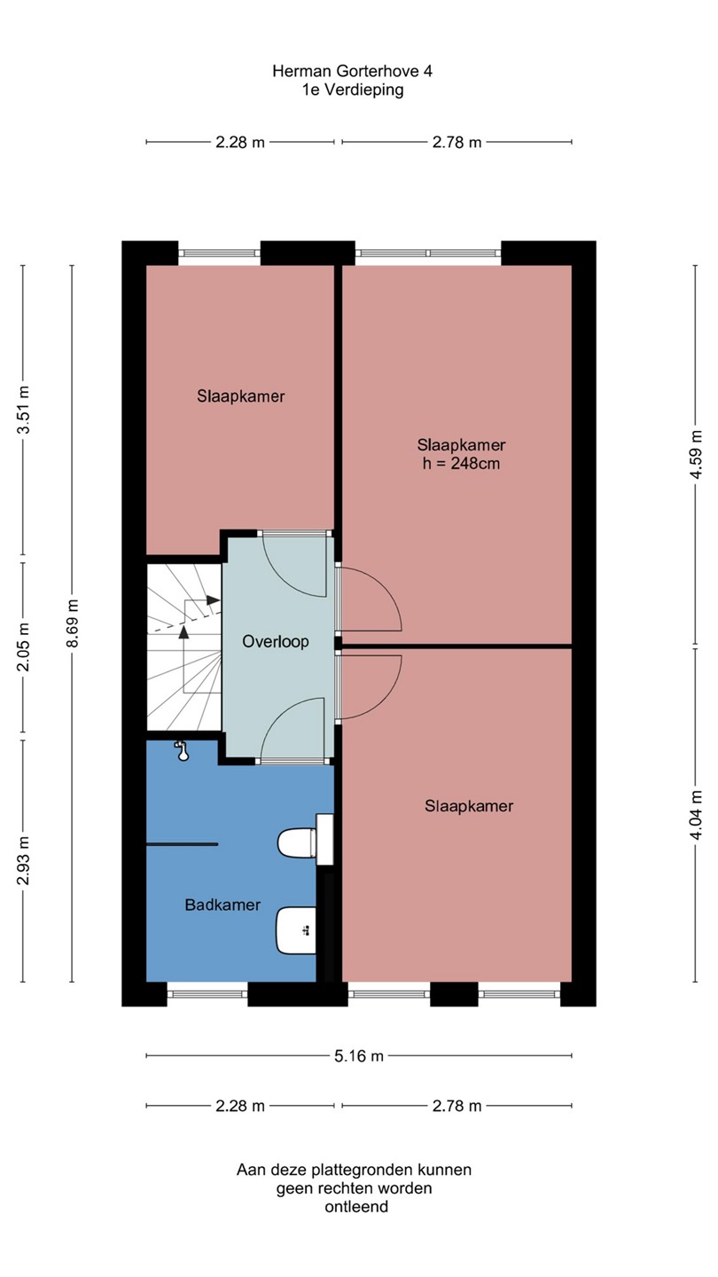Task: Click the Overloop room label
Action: pos(276,641)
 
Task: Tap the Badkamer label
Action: pos(222,905)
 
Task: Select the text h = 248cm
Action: pos(461,464)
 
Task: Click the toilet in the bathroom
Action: pos(297,842)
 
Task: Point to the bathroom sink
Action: pos(296,931)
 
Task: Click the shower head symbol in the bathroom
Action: pos(182,751)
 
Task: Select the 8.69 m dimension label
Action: pos(73,623)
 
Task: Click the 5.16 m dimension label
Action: pos(359,1056)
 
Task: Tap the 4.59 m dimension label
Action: pos(696,455)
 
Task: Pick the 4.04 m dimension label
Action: pos(696,815)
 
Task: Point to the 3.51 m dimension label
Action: pos(23,410)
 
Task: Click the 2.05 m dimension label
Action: pos(23,647)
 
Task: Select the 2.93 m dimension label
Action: pos(23,861)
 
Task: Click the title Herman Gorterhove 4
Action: pos(352,71)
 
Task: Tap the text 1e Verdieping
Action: pos(354,90)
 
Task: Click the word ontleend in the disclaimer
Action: pos(356,1206)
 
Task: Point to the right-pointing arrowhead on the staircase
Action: pos(213,600)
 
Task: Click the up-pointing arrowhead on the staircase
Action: pos(183,631)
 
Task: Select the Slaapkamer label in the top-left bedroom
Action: pos(241,396)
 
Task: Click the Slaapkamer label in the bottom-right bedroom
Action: pos(469,806)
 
